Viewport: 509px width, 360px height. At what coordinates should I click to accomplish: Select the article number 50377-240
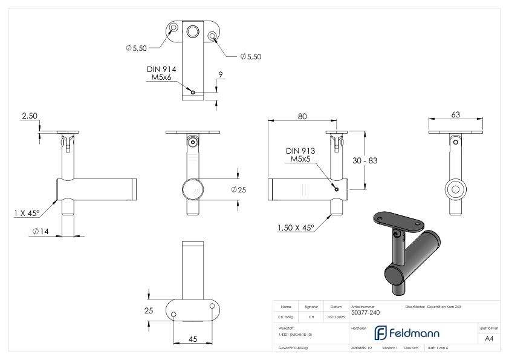point(365,313)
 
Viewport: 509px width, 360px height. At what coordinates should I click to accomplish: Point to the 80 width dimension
point(302,116)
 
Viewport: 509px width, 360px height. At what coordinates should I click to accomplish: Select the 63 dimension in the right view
point(456,114)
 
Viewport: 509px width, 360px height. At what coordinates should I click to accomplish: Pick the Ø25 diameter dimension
point(238,190)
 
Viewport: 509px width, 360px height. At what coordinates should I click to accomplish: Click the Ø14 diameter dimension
point(41,231)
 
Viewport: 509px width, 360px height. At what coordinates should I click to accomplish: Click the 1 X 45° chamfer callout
point(27,212)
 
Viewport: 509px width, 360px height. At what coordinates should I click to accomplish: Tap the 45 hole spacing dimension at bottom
point(193,339)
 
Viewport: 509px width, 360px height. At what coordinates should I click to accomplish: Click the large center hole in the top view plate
point(194,31)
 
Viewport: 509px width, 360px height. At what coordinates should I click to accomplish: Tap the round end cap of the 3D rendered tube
point(390,275)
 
